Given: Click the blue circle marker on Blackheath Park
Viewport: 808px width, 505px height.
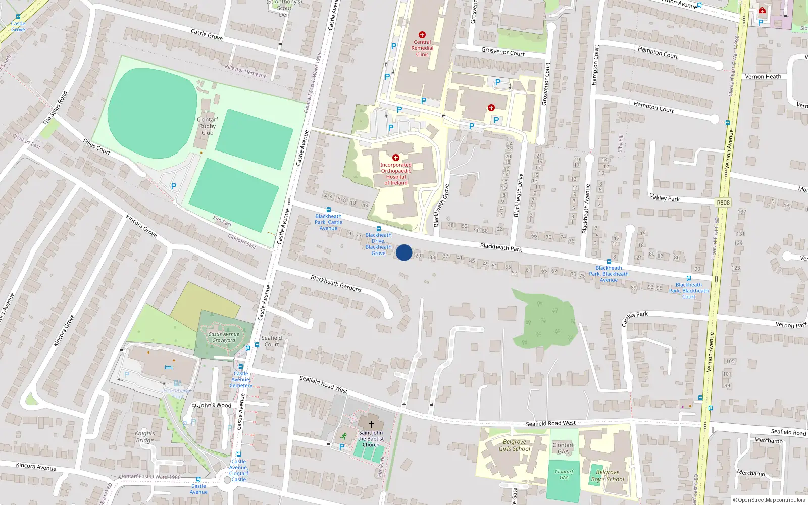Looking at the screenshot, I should click(404, 252).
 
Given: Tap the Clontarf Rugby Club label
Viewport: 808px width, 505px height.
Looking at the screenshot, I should click(208, 126).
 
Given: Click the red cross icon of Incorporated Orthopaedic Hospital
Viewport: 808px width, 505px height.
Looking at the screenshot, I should click(396, 158).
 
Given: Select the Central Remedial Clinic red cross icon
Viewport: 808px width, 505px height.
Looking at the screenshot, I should click(422, 35).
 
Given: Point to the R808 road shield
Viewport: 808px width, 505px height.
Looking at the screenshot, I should click(723, 203).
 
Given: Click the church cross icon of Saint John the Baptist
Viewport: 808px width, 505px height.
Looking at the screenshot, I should click(371, 424).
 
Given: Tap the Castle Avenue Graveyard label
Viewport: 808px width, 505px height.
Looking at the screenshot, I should click(224, 337).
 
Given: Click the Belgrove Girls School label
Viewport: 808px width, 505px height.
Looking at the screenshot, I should click(514, 445).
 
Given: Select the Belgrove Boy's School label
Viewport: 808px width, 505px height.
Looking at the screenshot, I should click(608, 476).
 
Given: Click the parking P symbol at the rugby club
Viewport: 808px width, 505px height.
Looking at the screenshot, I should click(174, 186).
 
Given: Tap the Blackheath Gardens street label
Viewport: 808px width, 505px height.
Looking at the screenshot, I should click(336, 284).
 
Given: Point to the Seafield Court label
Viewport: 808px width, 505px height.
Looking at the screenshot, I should click(272, 341).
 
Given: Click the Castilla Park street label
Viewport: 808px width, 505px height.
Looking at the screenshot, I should click(634, 319).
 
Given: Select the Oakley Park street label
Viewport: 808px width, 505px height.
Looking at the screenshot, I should click(665, 197).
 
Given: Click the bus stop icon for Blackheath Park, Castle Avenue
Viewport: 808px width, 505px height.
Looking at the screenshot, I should click(328, 210).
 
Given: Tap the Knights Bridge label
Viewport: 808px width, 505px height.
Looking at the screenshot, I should click(145, 437).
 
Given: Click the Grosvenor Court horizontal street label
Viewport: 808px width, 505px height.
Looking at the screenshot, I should click(502, 52).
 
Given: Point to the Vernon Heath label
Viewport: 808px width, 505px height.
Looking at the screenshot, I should click(763, 77).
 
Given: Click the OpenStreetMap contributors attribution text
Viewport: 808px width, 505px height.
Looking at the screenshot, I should click(769, 500).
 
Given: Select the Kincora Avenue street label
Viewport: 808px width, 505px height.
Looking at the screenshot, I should click(36, 466).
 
